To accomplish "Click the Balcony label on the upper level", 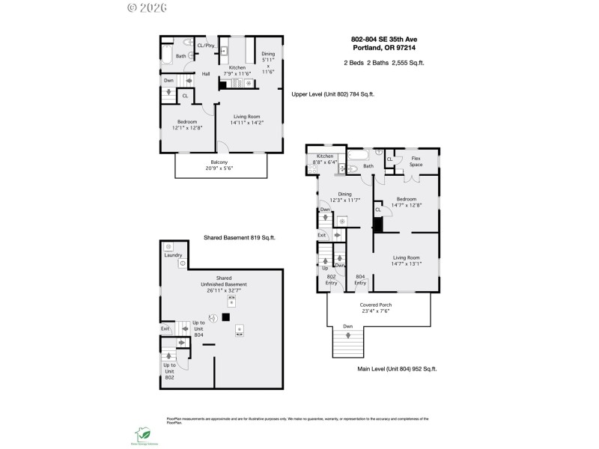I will pos(219,165).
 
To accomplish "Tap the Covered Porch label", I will pos(376,308).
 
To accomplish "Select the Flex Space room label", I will pos(416,162).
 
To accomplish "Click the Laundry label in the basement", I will pos(173,255).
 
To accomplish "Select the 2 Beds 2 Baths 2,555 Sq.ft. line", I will pos(383,63).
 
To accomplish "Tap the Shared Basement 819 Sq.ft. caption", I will pos(240,237).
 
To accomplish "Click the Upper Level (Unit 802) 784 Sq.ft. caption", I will pos(332,94).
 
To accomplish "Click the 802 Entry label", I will pos(331,279).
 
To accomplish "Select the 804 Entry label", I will pos(360,279).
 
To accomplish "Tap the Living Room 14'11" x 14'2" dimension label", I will pos(246,119).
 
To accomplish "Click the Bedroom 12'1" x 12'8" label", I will pos(186,125).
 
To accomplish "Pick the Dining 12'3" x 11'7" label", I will pos(345,197).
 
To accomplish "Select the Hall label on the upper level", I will pos(206,74).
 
